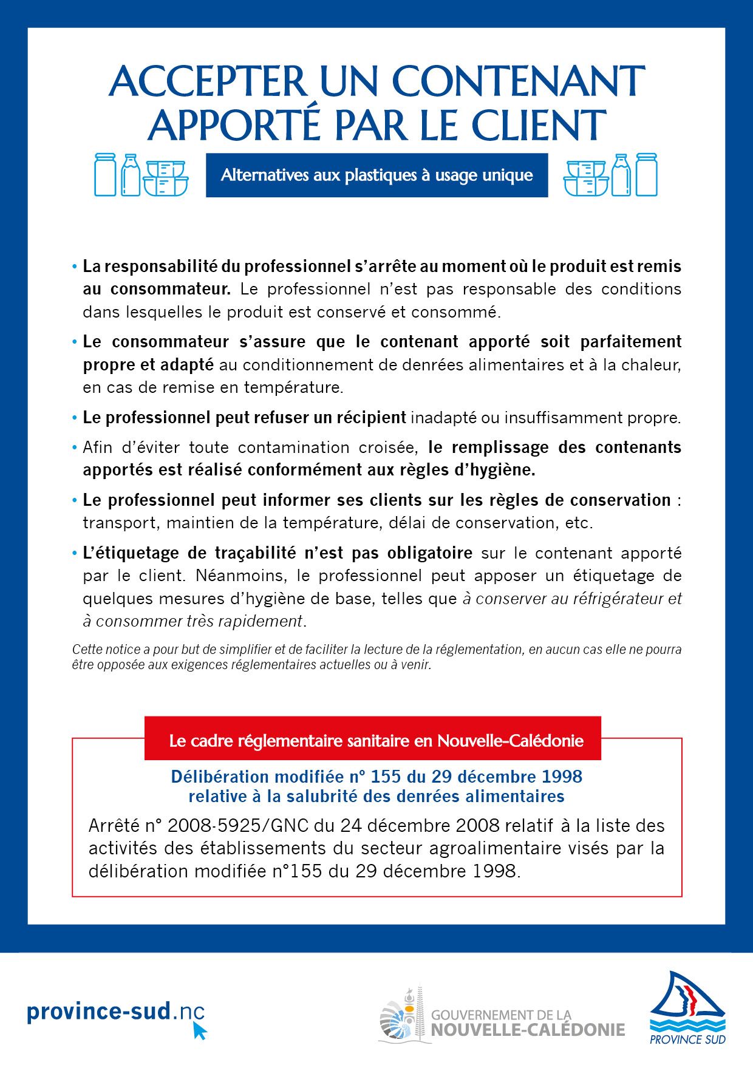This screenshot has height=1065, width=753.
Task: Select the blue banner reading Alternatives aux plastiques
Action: coord(376,175)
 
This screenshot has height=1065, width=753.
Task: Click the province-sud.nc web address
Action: coord(115,1012)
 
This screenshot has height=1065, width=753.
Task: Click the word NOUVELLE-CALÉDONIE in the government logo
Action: coord(528,1030)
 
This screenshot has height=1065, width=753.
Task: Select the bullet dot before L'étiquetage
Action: coord(75,554)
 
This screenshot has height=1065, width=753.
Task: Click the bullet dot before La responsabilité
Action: coord(75,267)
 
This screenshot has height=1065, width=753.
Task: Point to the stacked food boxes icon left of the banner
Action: coord(165,178)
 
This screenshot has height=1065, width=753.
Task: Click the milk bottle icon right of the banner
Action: coord(620,175)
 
